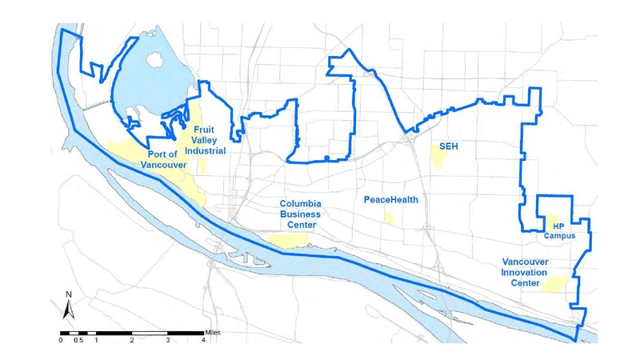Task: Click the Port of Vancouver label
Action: tap(163, 159)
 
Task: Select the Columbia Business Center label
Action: tap(300, 214)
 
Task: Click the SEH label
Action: tap(448, 146)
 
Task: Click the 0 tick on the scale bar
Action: tap(61, 339)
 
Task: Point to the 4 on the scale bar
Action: tap(203, 339)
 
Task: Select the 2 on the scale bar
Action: tap(131, 339)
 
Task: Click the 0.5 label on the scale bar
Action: tap(78, 339)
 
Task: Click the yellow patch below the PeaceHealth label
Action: tap(389, 217)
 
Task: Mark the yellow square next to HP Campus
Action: tap(551, 219)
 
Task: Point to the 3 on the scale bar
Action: tap(167, 339)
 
